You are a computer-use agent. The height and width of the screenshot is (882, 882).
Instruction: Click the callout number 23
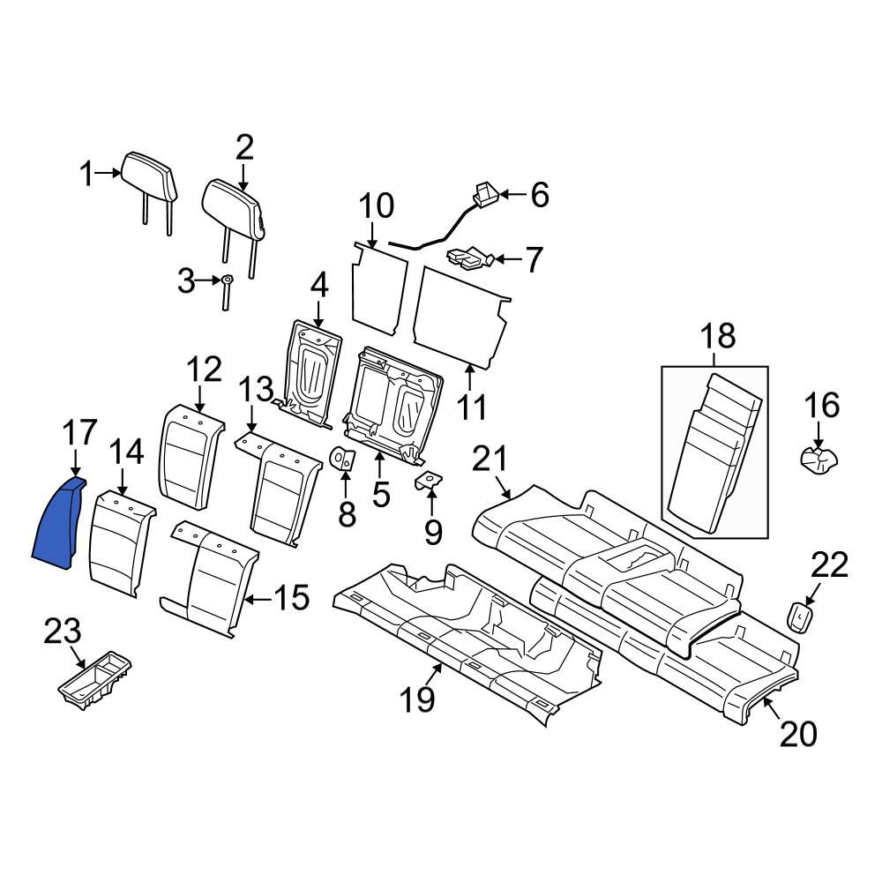pyautogui.click(x=63, y=632)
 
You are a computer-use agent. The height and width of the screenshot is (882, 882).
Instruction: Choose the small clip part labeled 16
pyautogui.click(x=817, y=459)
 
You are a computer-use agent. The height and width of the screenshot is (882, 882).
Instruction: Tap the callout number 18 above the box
pyautogui.click(x=716, y=336)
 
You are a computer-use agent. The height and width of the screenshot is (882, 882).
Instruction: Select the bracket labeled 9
pyautogui.click(x=430, y=481)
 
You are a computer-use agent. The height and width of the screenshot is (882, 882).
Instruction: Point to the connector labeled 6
pyautogui.click(x=484, y=193)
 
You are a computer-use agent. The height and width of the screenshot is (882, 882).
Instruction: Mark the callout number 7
pyautogui.click(x=534, y=259)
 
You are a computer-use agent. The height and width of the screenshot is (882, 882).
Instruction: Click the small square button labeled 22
pyautogui.click(x=800, y=615)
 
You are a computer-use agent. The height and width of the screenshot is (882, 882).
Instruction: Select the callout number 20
pyautogui.click(x=798, y=733)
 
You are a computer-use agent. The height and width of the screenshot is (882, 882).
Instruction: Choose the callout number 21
pyautogui.click(x=490, y=458)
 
